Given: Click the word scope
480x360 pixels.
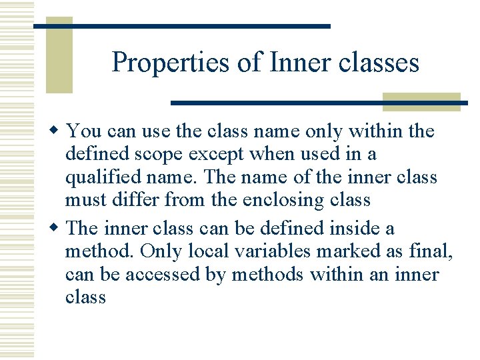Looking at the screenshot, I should tap(160, 154).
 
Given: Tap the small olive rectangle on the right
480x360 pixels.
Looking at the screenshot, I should tap(421, 101).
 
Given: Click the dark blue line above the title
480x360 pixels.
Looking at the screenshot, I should tap(182, 26).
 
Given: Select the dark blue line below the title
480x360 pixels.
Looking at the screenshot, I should tap(319, 103).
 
